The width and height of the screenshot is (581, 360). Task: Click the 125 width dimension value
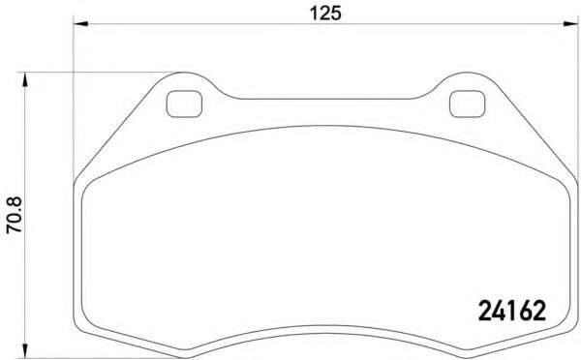coord(325,14)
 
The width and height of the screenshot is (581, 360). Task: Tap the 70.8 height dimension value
coord(15,215)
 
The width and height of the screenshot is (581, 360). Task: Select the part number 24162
coord(512,311)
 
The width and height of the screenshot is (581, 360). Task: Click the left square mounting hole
coord(184,105)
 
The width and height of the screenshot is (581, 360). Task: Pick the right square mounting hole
coord(467,105)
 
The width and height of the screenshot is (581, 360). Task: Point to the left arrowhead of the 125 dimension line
coord(80,23)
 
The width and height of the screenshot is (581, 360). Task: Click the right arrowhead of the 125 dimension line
coord(570,23)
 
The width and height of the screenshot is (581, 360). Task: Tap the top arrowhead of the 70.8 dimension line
coord(25,79)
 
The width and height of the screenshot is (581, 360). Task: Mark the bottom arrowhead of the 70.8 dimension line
coord(25,351)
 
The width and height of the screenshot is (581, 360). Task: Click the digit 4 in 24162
coord(499,311)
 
